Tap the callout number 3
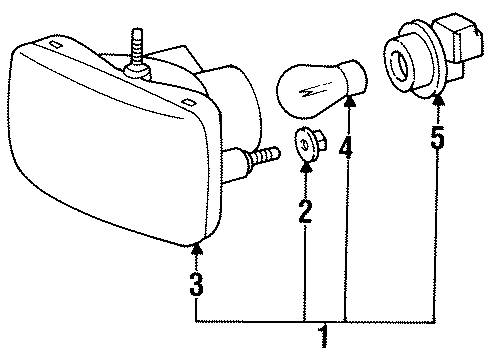coord(197,286)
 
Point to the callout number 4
coord(346,149)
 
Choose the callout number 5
coord(437,137)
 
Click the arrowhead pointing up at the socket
coord(437,97)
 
